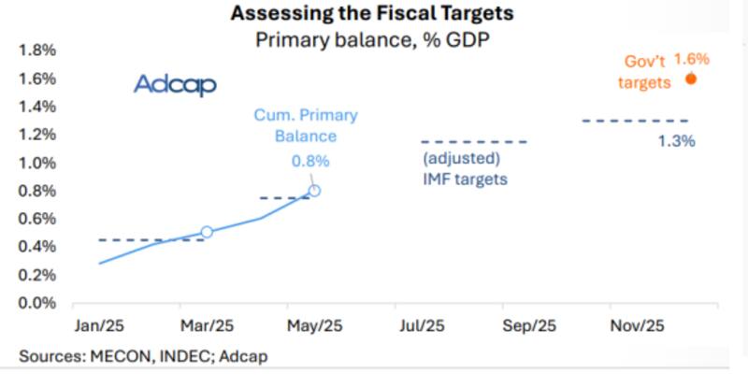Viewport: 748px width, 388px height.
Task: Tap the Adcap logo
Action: (x=175, y=85)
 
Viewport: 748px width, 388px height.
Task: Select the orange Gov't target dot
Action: (x=691, y=79)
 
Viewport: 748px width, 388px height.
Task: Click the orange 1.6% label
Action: (x=693, y=59)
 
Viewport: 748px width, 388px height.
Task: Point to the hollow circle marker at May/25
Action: (x=314, y=191)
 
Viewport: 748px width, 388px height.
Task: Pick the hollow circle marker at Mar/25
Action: (x=207, y=232)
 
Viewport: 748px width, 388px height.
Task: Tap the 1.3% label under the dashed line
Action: (x=677, y=141)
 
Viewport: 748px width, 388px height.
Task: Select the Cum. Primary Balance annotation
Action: (x=305, y=125)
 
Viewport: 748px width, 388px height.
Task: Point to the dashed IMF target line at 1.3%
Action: (x=635, y=121)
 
